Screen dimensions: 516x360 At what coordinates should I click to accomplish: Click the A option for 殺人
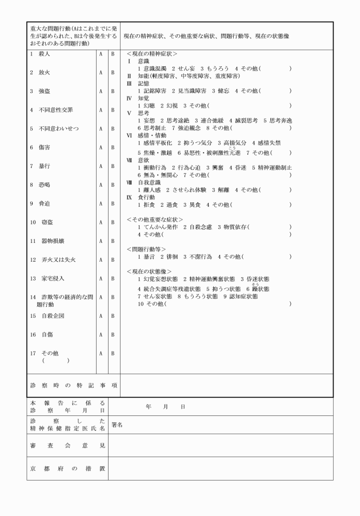coord(101,54)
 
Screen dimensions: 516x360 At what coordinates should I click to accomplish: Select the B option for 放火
coord(113,73)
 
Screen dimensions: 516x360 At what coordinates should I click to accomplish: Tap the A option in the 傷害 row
coord(101,147)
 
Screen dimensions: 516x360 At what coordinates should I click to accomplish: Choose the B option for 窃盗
coord(113,222)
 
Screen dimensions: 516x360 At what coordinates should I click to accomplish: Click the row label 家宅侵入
coord(51,278)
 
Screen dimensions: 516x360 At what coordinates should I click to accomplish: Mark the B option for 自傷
coord(113,334)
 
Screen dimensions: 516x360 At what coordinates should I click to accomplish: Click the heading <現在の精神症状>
coord(151,53)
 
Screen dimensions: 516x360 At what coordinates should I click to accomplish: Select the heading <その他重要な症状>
coord(154,219)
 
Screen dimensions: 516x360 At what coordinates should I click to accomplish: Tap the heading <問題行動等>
coord(146,249)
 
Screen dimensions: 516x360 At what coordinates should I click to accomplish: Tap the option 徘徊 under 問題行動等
coord(170,257)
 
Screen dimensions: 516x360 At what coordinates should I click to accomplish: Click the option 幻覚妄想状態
coord(158,279)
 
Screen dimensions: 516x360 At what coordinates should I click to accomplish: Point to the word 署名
coord(117,425)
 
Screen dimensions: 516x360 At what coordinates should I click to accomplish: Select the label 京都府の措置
coord(67,469)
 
